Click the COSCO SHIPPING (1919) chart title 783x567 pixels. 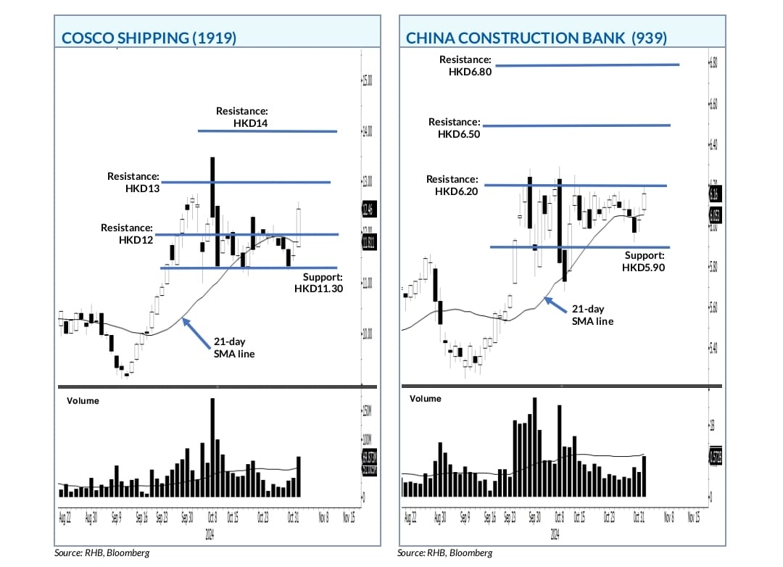149,38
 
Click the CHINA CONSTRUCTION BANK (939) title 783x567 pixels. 536,38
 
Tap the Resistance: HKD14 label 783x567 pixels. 242,117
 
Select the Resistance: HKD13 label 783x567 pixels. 133,182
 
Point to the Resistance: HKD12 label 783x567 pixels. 127,233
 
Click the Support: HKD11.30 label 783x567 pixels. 318,283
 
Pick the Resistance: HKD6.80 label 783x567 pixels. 465,65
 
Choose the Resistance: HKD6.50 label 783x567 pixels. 454,128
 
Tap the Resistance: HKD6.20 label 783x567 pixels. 452,185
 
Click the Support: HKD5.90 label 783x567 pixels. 643,261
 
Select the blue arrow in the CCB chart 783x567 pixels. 557,305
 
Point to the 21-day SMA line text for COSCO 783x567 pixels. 234,347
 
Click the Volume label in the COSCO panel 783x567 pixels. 83,400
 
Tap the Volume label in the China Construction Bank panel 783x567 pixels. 425,399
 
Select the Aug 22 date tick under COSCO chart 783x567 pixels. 64,518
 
